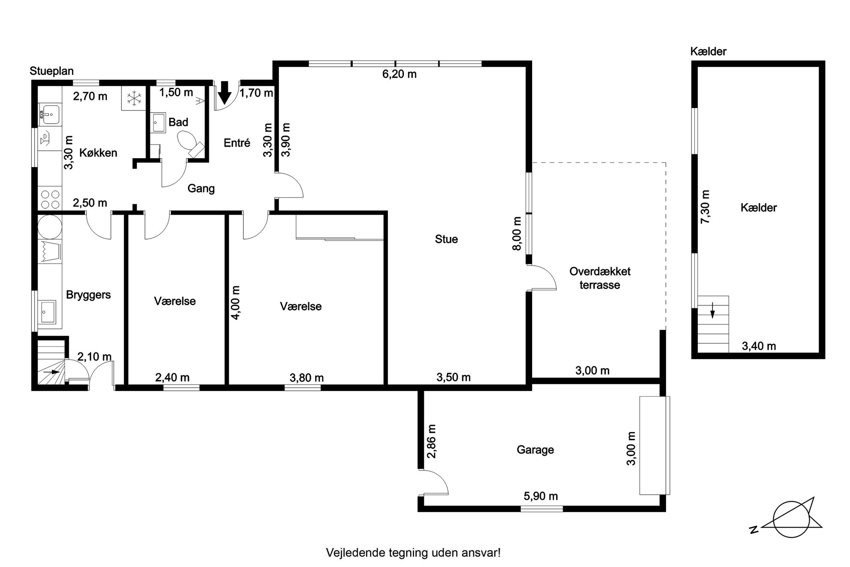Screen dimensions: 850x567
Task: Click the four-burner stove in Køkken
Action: (50, 200)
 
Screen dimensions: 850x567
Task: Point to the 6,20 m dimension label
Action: (399, 75)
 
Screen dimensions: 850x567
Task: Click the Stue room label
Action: (446, 239)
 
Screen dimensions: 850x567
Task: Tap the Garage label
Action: (535, 450)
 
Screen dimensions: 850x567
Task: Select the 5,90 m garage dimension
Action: (541, 496)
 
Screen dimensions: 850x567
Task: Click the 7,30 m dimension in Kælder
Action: (705, 207)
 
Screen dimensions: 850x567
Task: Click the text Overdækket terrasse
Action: (600, 278)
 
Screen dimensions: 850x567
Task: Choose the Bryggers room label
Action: (88, 295)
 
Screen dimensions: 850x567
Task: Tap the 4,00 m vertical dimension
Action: (236, 302)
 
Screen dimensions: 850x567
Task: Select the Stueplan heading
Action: (51, 71)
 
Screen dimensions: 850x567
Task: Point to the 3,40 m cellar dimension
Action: (759, 346)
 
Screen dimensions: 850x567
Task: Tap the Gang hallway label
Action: (201, 189)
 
